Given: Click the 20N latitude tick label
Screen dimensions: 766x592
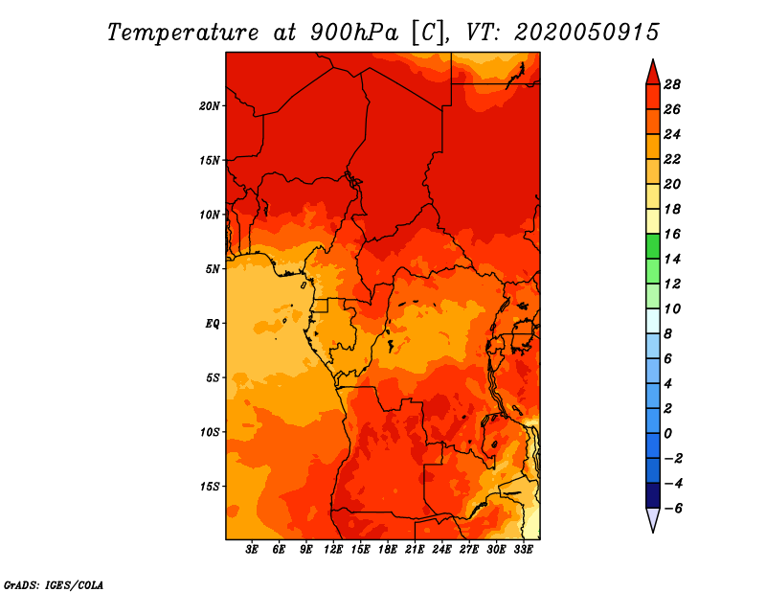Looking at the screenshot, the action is [x=210, y=106].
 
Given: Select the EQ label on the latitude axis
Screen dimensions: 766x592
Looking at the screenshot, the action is [x=213, y=324].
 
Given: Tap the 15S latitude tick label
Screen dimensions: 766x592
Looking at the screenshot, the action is [x=210, y=487].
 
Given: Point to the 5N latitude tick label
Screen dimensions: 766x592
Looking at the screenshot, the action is [x=213, y=269].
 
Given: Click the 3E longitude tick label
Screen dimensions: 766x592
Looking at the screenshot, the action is [x=252, y=550].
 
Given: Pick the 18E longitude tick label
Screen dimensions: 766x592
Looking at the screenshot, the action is [x=388, y=550].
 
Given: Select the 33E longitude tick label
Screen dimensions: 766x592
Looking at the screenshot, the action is [x=523, y=550].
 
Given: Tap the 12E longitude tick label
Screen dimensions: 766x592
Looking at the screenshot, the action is [x=333, y=550].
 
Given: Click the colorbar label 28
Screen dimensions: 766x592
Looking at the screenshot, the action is [x=672, y=84].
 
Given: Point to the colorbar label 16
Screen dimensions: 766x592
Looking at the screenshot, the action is [x=672, y=234].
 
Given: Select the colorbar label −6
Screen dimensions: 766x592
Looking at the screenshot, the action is [x=673, y=509].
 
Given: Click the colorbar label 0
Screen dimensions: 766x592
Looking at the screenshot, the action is [x=667, y=434].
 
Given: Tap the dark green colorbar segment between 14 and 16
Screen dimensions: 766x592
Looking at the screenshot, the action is [x=653, y=246].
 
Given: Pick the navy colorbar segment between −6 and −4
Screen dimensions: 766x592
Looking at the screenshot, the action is [x=653, y=495].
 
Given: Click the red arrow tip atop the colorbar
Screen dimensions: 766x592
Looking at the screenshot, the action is [x=653, y=59].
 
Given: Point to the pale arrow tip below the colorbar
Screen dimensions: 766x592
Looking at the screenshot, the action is [x=653, y=532].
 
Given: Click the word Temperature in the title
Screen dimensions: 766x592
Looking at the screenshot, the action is [x=183, y=33].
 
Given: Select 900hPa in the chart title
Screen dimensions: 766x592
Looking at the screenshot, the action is [x=354, y=33].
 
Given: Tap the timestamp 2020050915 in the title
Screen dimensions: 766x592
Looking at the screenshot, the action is [x=587, y=33].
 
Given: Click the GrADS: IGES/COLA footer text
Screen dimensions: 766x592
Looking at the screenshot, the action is [x=54, y=585].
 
